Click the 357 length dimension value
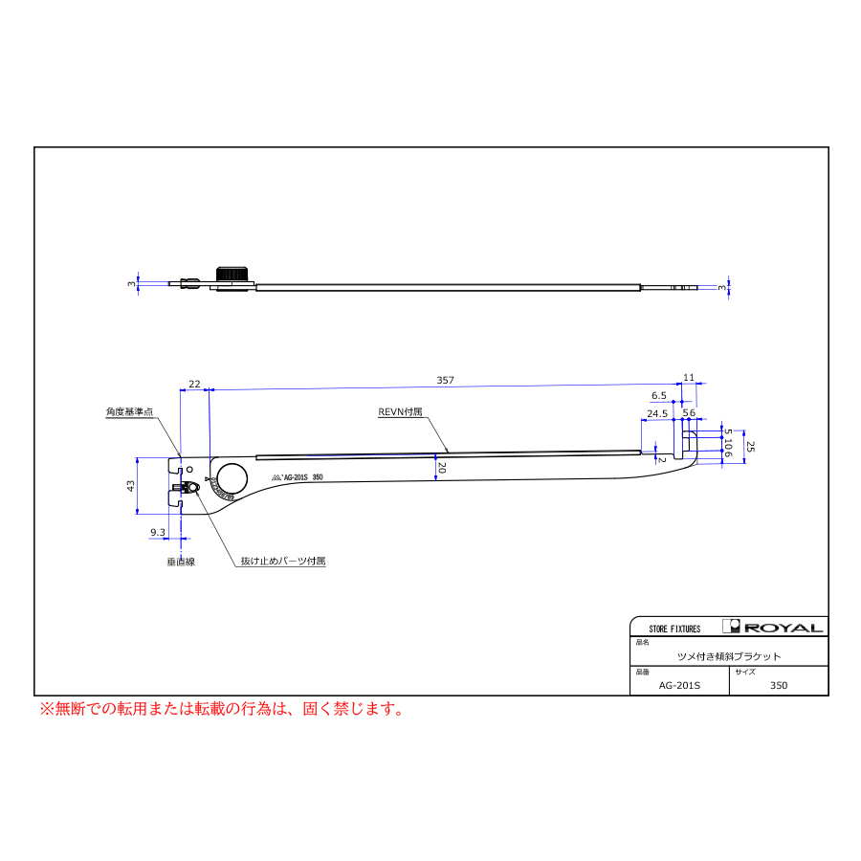point(445,380)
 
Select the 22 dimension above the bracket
point(194,384)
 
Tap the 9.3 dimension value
point(158,531)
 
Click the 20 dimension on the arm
point(441,469)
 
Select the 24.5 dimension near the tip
point(657,413)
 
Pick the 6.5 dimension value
point(658,395)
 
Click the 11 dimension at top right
point(688,377)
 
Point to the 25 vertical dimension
point(751,447)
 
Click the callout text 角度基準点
point(129,411)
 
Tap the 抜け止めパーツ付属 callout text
point(282,561)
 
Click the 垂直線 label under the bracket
point(181,562)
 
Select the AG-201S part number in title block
point(680,685)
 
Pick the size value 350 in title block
point(779,685)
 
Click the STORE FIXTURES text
point(674,629)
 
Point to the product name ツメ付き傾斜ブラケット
point(729,656)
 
